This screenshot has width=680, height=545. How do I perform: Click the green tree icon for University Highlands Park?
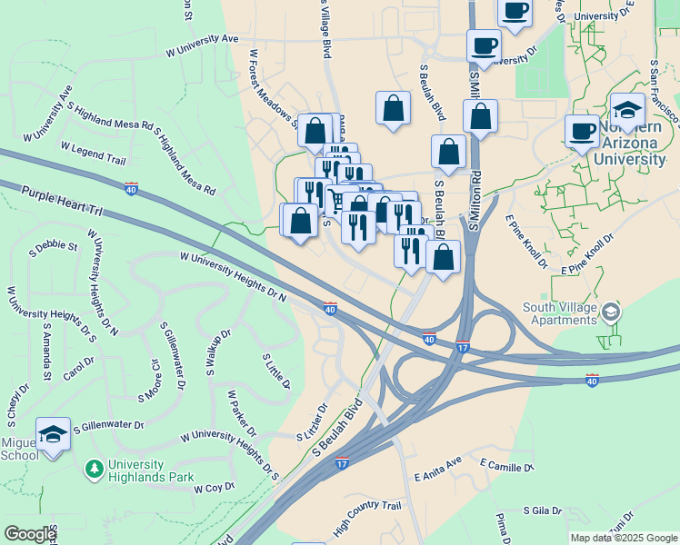coord(93,469)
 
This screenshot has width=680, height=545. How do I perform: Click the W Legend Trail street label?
coord(93,153)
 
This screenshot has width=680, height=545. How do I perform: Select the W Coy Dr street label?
coord(215,488)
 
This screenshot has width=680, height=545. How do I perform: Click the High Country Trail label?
coord(367,518)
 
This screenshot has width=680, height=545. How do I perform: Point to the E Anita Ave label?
coord(438,474)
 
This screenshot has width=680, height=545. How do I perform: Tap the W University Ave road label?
coord(201,45)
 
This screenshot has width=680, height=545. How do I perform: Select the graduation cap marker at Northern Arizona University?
coord(627,110)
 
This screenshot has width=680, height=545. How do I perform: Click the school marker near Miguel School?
coord(53,433)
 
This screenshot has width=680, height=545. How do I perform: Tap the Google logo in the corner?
coord(29,534)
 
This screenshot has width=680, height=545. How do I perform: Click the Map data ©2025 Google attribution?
coord(623,538)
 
